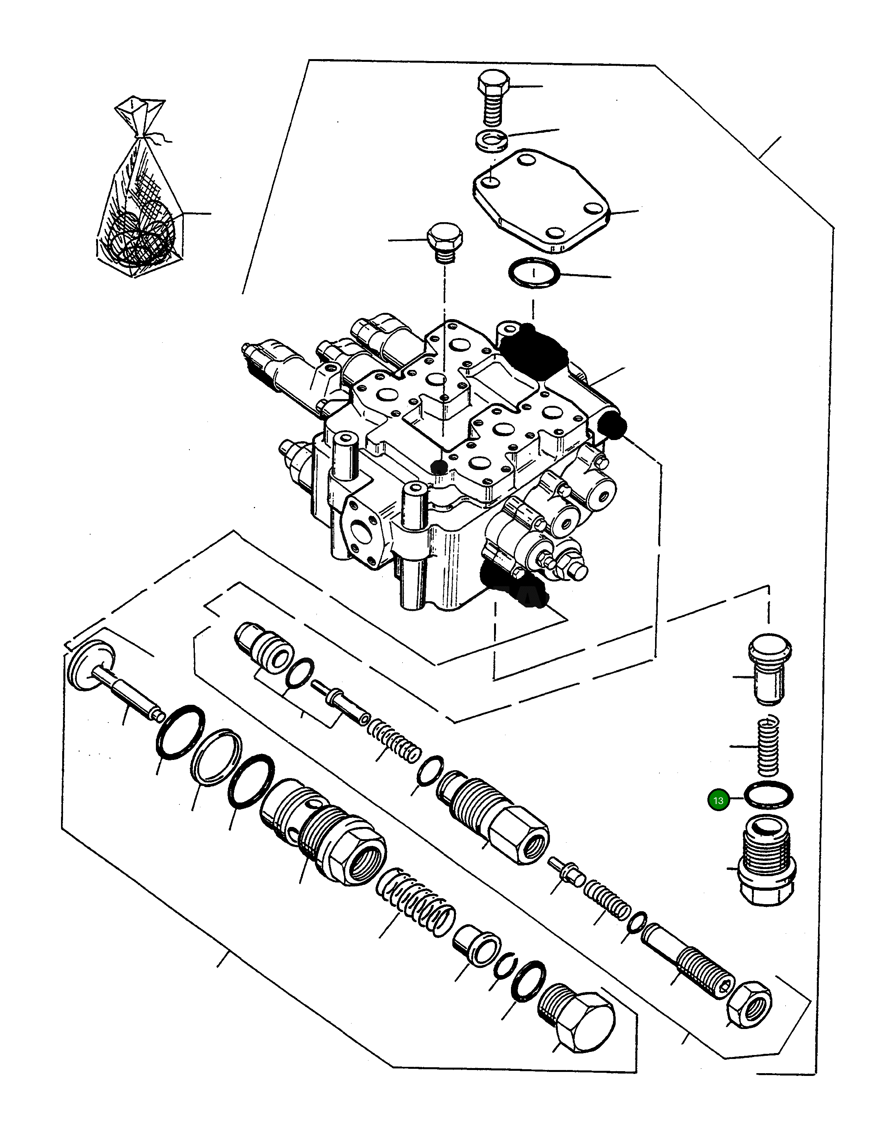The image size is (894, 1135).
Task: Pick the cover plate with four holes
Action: [x=542, y=203]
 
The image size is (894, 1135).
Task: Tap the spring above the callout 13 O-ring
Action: [x=769, y=747]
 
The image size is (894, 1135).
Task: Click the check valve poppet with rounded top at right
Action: [x=769, y=671]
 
